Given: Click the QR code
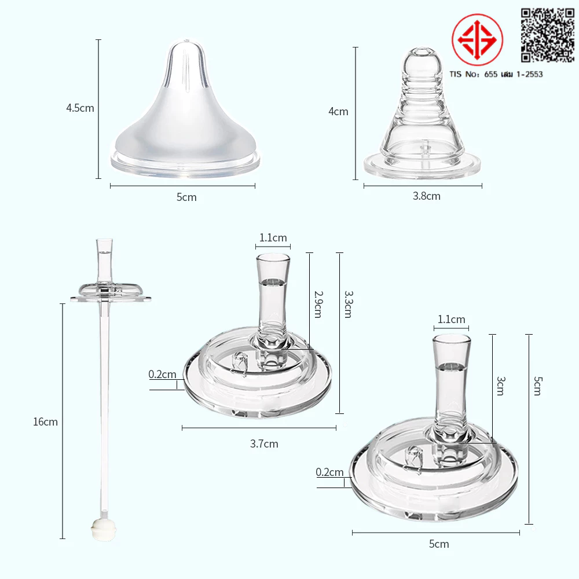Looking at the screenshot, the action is (548, 35).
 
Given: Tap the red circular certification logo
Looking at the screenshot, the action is (477, 39).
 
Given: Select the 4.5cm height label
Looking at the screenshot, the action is (80, 108).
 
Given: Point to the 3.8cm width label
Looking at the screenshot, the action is (427, 196).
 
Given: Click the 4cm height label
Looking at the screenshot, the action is (338, 112).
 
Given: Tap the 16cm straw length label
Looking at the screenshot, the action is (45, 422).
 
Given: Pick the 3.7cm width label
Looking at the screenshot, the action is (264, 444).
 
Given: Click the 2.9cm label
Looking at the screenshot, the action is (318, 305).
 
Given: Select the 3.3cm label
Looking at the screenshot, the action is (349, 305).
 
